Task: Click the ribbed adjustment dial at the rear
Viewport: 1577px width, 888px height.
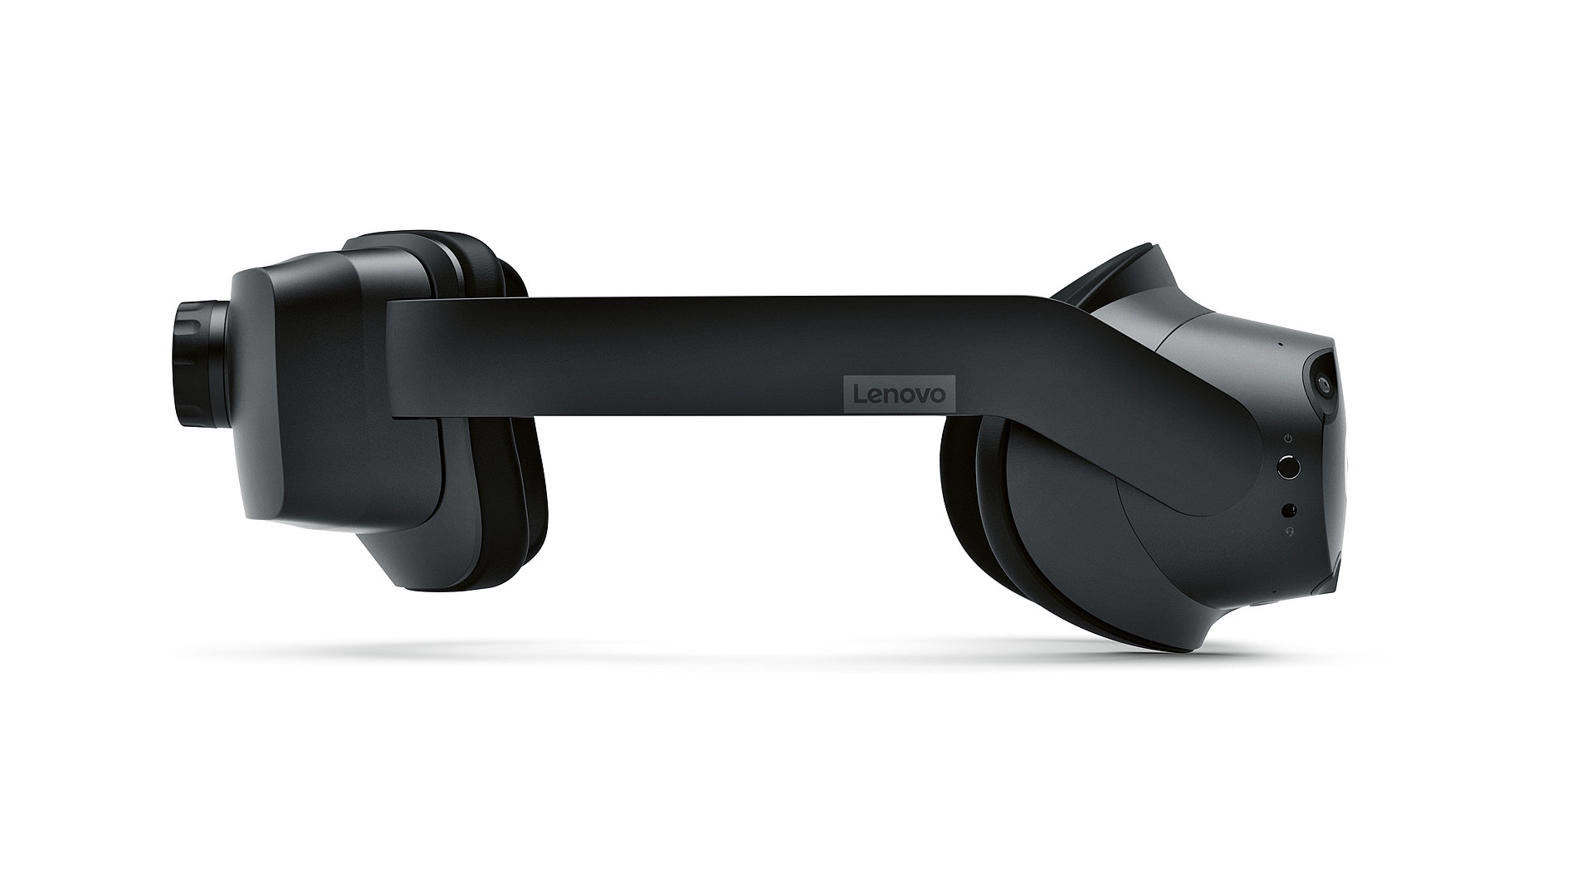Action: click(189, 363)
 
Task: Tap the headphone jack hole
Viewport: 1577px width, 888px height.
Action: click(1290, 509)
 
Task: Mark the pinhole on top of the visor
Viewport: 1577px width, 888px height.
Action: click(1279, 342)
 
